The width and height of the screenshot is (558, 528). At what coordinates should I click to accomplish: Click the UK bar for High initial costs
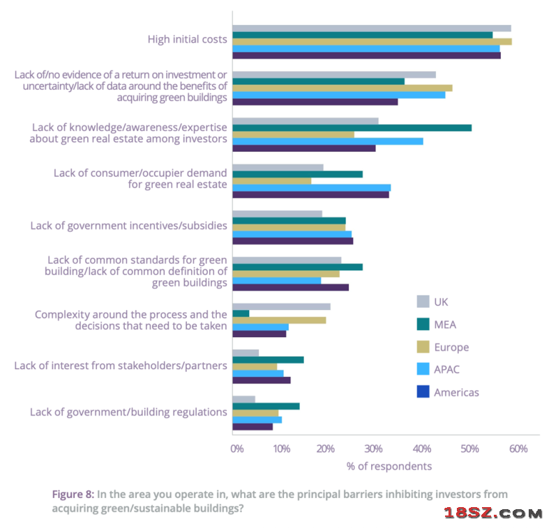[371, 29]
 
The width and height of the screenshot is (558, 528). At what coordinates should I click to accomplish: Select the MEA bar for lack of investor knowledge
[352, 127]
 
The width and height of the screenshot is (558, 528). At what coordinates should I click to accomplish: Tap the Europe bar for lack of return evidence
[342, 88]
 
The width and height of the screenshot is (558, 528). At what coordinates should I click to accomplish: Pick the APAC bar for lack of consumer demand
[311, 187]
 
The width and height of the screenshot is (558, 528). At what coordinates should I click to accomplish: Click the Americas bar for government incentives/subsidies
[292, 241]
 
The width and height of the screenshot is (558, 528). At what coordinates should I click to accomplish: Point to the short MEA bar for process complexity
[241, 313]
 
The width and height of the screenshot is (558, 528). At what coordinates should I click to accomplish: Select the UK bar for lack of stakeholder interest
[246, 353]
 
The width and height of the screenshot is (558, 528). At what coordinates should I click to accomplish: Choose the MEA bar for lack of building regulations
[266, 406]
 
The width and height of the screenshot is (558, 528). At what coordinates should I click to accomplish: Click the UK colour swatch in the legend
[423, 302]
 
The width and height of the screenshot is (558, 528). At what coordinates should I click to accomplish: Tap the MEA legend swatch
[423, 324]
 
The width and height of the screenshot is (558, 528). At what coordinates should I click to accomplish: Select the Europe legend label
[451, 347]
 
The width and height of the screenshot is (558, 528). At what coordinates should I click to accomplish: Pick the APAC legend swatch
[423, 369]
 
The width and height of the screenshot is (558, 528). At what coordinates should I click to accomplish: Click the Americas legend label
[456, 392]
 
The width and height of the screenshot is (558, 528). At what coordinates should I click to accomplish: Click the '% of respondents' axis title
[389, 466]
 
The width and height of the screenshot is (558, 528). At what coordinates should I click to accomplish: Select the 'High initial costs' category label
[187, 39]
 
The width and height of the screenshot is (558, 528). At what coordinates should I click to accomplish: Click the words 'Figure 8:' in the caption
[73, 494]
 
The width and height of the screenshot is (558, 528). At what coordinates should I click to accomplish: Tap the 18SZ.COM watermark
[493, 513]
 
